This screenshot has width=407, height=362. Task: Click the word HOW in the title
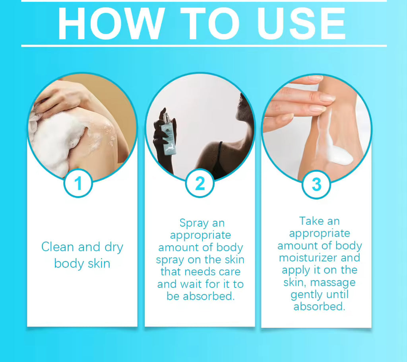point(111,23)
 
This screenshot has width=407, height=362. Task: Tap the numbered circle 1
point(78,183)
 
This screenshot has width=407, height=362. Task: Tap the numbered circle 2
point(200,183)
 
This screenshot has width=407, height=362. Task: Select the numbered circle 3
point(316,185)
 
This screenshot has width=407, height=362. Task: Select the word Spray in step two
point(194,223)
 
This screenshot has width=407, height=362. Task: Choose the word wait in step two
point(191,284)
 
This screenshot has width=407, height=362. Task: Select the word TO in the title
point(210,23)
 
